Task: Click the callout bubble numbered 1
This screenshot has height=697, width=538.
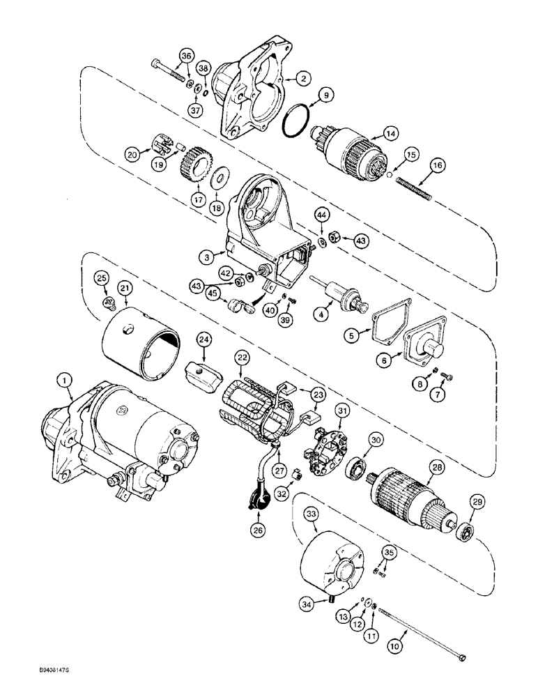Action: pyautogui.click(x=64, y=381)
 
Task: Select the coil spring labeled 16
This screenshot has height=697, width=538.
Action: pyautogui.click(x=415, y=189)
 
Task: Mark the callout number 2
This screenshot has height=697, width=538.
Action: pyautogui.click(x=302, y=79)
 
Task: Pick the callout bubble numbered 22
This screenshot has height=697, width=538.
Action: pyautogui.click(x=242, y=357)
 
